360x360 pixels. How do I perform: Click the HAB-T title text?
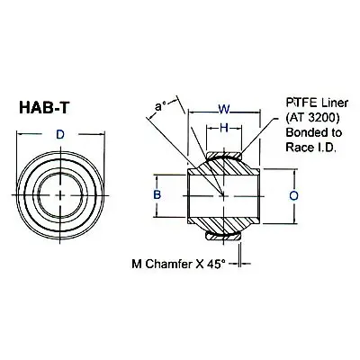[44, 107]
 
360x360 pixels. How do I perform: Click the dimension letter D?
[60, 135]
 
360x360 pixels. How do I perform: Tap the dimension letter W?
[223, 110]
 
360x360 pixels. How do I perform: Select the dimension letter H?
[224, 128]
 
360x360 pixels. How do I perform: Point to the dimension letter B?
[157, 195]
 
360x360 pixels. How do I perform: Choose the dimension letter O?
[294, 195]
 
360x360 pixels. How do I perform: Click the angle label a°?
[161, 107]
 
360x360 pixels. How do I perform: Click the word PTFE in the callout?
[301, 103]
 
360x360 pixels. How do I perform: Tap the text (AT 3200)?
[313, 118]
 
